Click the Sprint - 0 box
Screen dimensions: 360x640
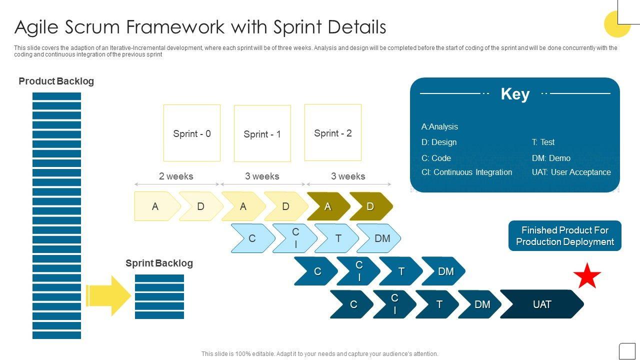point(192,133)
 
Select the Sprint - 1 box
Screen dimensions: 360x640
point(262,133)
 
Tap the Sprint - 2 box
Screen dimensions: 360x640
point(333,132)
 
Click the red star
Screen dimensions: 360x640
point(587,276)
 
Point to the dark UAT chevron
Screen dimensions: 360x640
point(542,304)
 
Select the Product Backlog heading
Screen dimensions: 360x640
point(56,81)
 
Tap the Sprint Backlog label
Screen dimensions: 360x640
point(159,263)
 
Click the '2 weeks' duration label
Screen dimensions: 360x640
point(176,176)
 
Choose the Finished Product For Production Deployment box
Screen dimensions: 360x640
point(565,236)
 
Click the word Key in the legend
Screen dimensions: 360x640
point(515,94)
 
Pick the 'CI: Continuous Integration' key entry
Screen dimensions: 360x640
point(466,172)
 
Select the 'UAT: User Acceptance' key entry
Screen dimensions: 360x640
point(571,172)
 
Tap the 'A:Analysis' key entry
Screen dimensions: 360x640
point(439,126)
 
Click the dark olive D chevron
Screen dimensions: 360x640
point(370,206)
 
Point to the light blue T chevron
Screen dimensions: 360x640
point(338,238)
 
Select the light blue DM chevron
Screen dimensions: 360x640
point(381,238)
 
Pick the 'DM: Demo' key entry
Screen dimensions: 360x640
point(551,158)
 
